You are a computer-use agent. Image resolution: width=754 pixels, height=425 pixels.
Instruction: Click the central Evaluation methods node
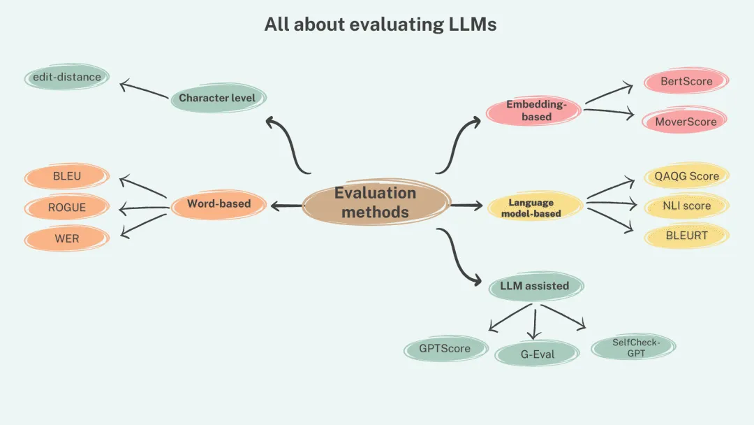pos(375,202)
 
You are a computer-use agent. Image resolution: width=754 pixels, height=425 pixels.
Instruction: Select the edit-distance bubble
pos(66,77)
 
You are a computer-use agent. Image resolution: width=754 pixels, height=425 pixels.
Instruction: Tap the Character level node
pos(218,98)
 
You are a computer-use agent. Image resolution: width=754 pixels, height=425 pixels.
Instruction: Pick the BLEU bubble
pos(67,176)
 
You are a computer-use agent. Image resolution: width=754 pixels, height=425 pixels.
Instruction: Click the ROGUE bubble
pos(67,208)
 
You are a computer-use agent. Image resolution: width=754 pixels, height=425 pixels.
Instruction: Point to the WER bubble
pos(67,238)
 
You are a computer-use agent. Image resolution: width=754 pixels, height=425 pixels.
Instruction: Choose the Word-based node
pos(219,204)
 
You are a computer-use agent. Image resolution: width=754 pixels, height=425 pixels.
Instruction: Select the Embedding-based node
pos(535,110)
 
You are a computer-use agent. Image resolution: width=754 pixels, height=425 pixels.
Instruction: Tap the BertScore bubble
pos(686,81)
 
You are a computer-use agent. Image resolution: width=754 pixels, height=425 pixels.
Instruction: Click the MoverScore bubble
pos(685,122)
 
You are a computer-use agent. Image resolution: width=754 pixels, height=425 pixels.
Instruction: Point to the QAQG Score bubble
pos(686,176)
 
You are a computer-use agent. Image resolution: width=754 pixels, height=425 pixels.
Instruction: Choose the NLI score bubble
pos(686,206)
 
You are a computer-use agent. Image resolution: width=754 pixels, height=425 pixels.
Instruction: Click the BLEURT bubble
pos(686,236)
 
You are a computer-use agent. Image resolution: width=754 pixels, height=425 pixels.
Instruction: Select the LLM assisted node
pos(535,285)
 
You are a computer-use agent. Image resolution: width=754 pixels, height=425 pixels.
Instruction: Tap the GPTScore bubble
pos(445,348)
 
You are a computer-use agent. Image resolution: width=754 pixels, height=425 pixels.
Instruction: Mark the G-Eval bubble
pos(537,354)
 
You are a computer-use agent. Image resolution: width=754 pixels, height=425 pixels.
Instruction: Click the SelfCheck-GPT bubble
pos(635,347)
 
